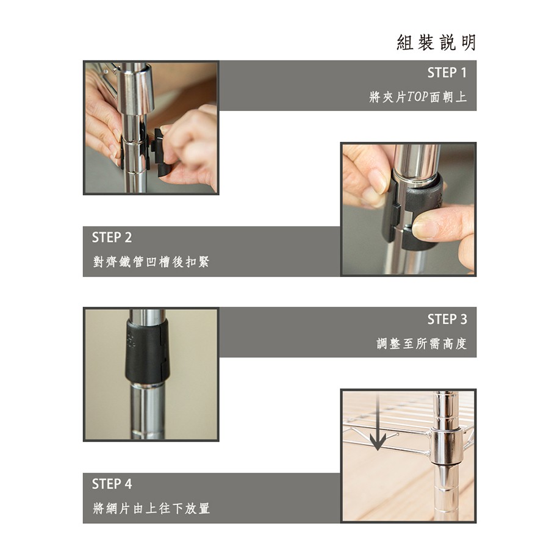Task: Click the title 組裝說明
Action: pos(436,43)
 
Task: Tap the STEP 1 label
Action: pos(447,73)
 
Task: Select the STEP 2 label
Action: pos(112,238)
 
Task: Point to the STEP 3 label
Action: pos(447,319)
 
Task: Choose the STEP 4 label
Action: pos(112,484)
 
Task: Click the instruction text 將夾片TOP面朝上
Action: pos(418,96)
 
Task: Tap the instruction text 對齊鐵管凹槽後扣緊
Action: pos(151,262)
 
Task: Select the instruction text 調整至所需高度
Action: pos(422,343)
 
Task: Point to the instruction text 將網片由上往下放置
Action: pos(151,508)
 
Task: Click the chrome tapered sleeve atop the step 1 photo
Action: pos(135,88)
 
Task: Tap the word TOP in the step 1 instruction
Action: pos(418,97)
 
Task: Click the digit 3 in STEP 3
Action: pos(463,319)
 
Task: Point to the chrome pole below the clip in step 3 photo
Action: pos(148,411)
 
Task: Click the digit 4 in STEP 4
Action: pos(128,484)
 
